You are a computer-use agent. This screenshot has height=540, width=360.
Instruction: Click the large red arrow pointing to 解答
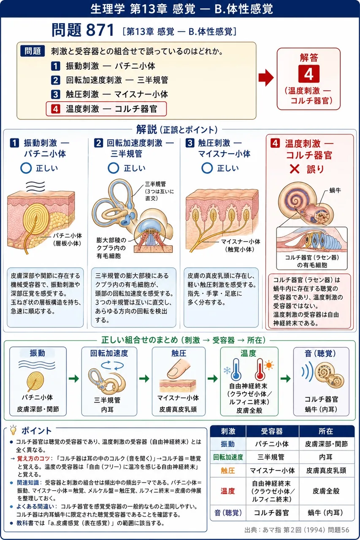(266, 78)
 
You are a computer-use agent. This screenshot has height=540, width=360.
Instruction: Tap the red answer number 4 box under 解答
(309, 74)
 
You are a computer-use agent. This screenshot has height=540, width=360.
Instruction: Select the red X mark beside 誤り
(295, 169)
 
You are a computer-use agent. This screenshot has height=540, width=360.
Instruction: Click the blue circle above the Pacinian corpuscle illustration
(26, 168)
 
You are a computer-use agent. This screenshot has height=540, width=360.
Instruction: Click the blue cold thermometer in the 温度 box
(236, 370)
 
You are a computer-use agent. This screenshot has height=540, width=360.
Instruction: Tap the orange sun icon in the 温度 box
(269, 365)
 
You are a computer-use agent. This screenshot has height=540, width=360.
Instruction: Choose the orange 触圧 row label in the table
(227, 470)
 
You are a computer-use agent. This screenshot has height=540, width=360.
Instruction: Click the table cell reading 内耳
(326, 457)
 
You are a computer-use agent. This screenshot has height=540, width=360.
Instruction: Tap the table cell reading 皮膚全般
(326, 491)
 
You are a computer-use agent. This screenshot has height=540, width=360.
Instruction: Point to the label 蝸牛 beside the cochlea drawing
(336, 190)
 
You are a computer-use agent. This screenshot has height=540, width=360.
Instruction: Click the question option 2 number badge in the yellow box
(55, 80)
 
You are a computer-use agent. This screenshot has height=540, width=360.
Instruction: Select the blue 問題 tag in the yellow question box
(32, 51)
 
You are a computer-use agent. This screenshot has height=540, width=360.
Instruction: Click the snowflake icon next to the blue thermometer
(227, 370)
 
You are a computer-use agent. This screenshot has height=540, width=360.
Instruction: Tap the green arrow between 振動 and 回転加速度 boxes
(74, 378)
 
